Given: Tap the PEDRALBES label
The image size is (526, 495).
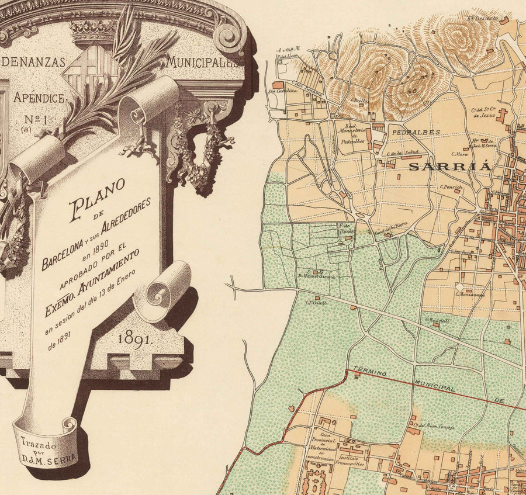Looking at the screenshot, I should [x=416, y=133].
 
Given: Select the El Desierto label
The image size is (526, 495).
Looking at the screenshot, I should [x=483, y=19].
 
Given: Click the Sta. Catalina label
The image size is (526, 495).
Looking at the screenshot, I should [x=279, y=91].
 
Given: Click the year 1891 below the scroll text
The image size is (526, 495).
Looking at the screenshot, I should [x=134, y=338].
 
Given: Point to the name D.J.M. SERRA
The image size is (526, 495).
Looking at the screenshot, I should [x=57, y=459].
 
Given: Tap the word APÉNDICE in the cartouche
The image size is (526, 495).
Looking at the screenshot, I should [x=39, y=98].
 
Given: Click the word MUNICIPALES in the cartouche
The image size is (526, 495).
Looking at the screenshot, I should [x=205, y=61].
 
